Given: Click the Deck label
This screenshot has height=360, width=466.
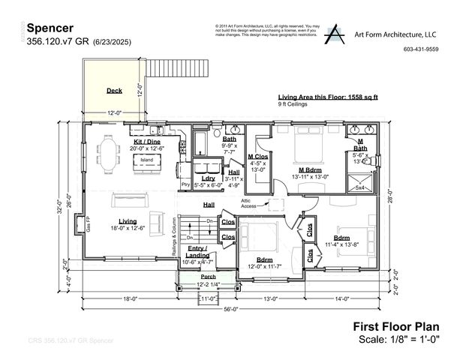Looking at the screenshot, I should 114,91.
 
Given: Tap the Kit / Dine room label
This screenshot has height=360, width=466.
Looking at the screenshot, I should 146,141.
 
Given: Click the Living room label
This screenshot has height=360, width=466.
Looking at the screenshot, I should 127,221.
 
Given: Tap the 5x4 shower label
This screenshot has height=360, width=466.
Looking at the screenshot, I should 359,187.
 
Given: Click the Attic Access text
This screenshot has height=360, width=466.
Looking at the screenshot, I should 250,202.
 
